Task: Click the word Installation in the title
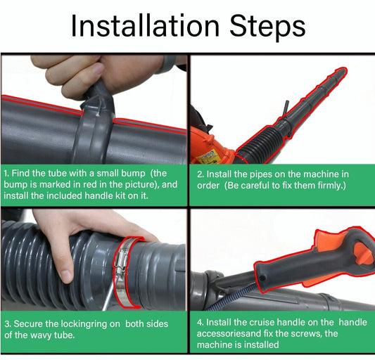click(x=146, y=26)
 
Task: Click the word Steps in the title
click(x=267, y=28)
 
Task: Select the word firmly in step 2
click(x=330, y=185)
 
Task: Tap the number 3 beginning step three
click(x=8, y=324)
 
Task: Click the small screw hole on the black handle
click(x=262, y=278)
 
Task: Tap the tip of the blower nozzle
click(x=343, y=70)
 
